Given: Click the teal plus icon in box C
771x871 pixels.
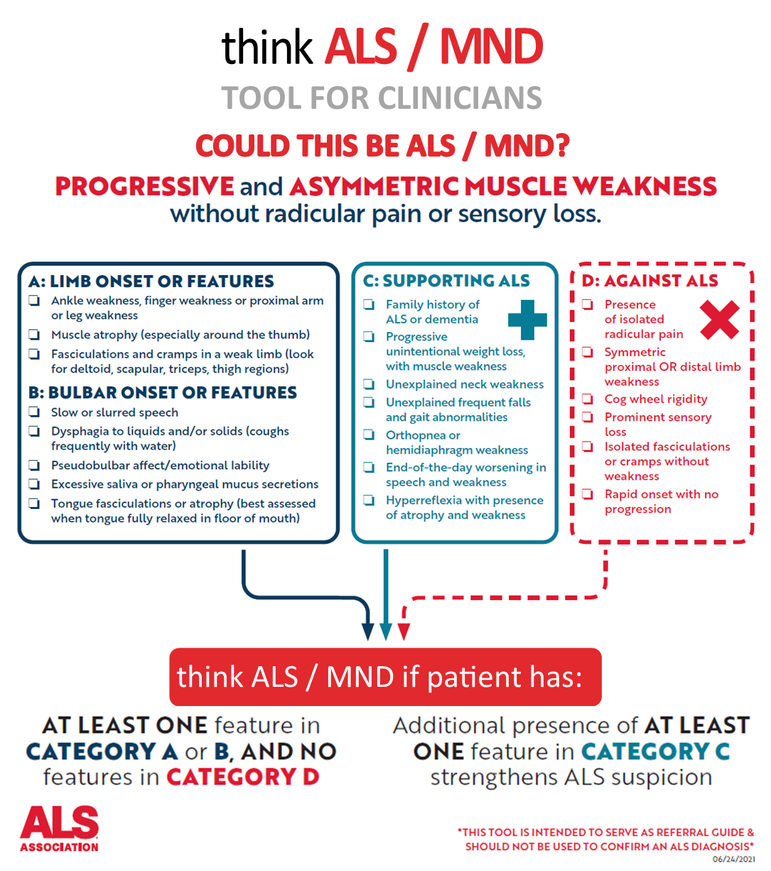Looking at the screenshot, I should tap(527, 320).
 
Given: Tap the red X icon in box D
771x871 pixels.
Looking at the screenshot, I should tap(721, 319).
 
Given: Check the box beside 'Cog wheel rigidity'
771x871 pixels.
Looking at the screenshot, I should tap(588, 399).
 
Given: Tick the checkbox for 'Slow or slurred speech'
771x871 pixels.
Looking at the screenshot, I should tap(34, 412).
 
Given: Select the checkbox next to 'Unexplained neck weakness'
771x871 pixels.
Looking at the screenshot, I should tap(369, 384).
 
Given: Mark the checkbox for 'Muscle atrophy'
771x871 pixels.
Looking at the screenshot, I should tap(34, 334).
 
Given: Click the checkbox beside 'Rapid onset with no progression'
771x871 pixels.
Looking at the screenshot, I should tap(588, 494).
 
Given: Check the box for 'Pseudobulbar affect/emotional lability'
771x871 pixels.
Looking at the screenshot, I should tap(34, 466).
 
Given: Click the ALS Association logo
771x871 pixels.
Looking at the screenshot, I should tap(60, 829).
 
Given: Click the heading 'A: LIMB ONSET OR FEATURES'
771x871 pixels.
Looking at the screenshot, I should tap(151, 282).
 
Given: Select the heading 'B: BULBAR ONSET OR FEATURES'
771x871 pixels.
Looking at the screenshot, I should tap(163, 392).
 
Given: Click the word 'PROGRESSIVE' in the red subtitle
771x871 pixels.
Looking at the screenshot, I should tap(144, 186).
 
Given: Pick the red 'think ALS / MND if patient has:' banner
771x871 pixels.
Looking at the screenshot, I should tap(385, 676).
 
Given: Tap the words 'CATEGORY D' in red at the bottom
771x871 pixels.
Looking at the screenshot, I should tap(242, 777).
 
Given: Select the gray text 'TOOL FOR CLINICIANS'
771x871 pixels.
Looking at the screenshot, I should tap(382, 98).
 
